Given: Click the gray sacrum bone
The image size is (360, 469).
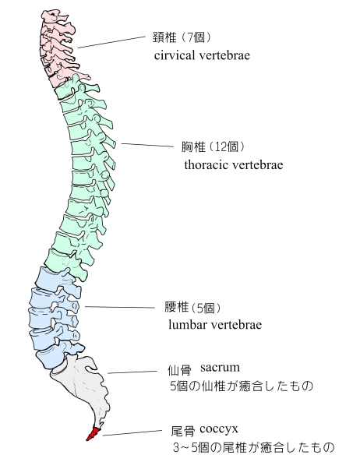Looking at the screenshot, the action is point(86,386).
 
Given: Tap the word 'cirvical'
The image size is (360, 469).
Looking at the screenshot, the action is point(173,55).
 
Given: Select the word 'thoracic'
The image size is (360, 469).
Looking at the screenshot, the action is point(204,165).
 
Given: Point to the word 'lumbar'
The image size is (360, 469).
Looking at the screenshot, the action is point(185,325).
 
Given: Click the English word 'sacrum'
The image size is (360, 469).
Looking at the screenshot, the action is point(221,367).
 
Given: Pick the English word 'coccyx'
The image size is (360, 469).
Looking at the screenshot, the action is point(219,429).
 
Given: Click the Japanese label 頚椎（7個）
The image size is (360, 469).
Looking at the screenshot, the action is point(182,37).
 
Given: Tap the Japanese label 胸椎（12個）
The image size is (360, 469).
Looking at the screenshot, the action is point(214,147).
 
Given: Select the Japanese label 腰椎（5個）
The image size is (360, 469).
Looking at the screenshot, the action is point(193,308).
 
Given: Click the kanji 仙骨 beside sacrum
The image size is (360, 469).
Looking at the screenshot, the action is point(179,371).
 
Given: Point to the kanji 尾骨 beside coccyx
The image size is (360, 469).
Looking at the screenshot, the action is point(182,432).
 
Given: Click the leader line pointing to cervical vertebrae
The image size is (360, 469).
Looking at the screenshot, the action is point(111,42).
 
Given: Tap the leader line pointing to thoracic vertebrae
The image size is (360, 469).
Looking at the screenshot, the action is point(147,146).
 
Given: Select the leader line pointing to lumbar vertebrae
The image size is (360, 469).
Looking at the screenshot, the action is point(120,307).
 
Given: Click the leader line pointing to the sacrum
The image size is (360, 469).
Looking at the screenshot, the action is point(132,372).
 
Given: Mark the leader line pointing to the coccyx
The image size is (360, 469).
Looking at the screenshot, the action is point(132,433).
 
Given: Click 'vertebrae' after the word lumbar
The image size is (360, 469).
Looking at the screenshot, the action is point(233,325).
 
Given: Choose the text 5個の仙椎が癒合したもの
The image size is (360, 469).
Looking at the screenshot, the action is point(242,386).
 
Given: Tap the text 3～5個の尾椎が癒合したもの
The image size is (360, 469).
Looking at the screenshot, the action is point(253,447).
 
